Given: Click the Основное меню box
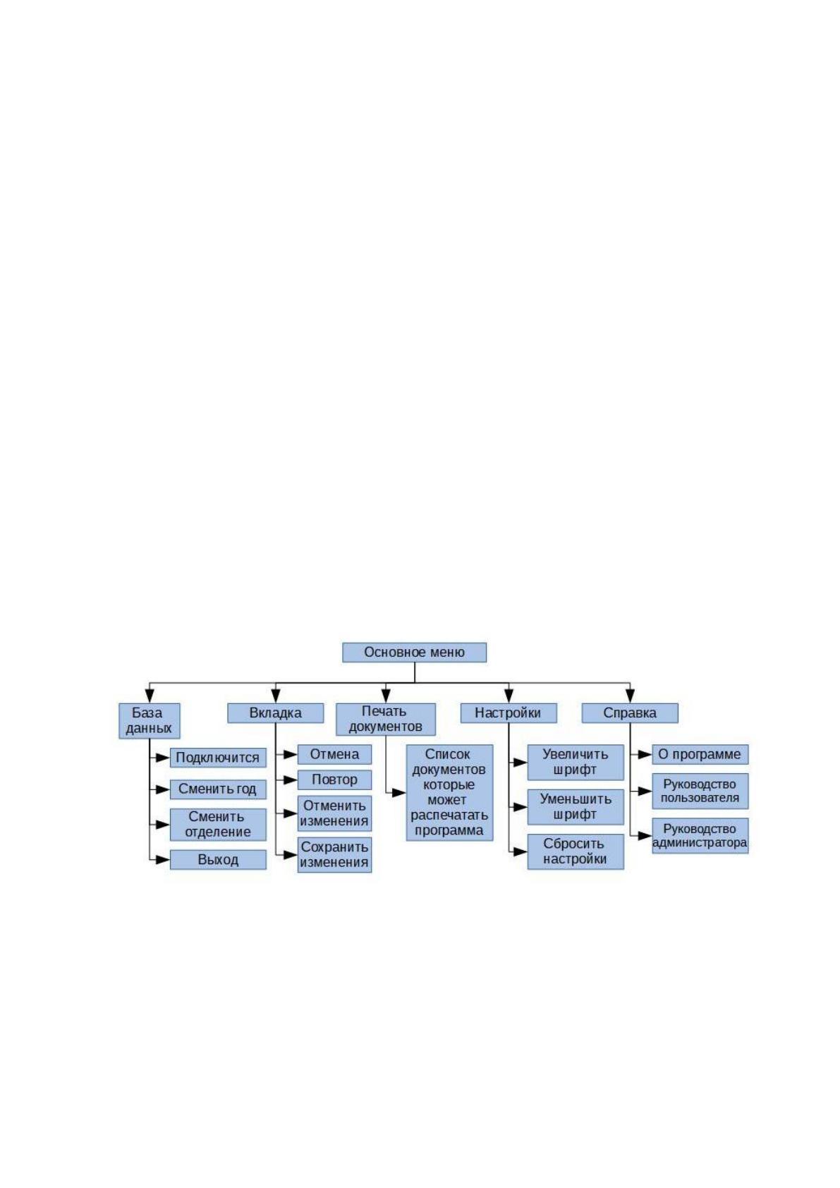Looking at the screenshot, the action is (414, 653).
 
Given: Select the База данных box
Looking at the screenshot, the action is (150, 721).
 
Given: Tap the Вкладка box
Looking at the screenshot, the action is (276, 713).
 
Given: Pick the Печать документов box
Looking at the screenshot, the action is (386, 719).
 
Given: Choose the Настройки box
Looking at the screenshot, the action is (509, 713).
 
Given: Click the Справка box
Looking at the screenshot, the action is (630, 713).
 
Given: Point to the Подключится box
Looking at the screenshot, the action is (218, 758).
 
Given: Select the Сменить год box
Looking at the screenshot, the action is (218, 789).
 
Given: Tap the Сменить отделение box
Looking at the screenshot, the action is (218, 824).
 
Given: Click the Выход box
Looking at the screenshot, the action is (218, 860).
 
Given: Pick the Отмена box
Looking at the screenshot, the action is (334, 755).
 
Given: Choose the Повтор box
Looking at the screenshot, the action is (334, 780).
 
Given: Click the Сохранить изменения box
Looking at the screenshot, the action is (334, 854).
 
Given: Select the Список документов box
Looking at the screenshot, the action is (450, 793).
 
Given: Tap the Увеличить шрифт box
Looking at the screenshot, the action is (576, 763).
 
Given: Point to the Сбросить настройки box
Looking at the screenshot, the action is (576, 851).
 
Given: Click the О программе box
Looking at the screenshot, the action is (700, 755).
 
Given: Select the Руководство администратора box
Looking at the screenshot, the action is (700, 836).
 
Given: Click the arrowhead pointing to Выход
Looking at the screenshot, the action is (163, 860).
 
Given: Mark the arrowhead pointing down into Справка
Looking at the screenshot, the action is (630, 696).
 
